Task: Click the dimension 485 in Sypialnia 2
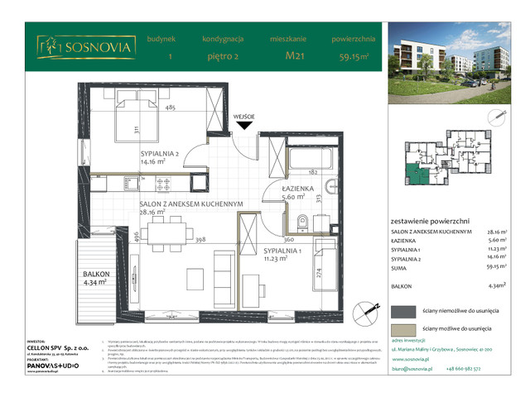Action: tap(170, 108)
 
